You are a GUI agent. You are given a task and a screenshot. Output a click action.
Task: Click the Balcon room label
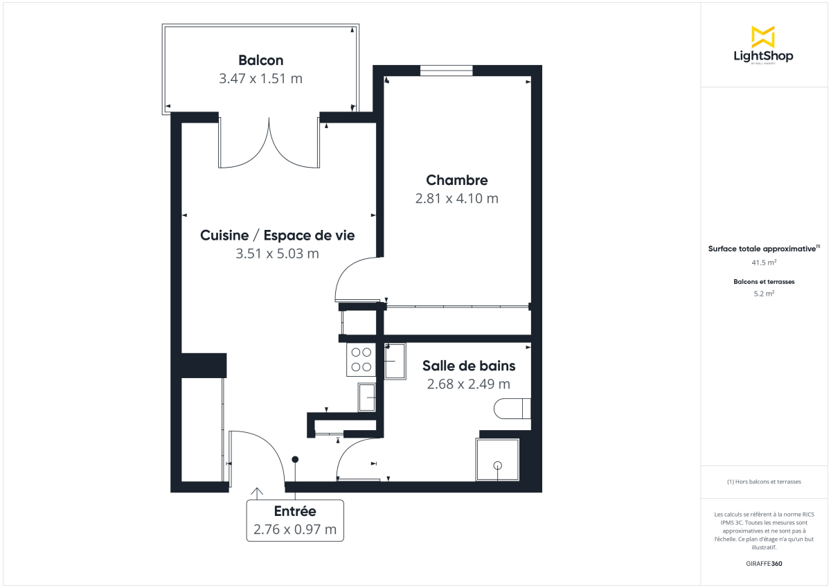tap(260, 60)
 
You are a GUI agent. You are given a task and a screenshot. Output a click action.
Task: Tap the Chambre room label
tap(456, 180)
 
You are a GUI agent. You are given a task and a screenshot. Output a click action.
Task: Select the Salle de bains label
tap(469, 366)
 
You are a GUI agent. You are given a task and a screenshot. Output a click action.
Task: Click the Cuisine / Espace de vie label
tap(277, 235)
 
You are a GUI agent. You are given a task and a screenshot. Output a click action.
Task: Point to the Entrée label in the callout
tap(295, 512)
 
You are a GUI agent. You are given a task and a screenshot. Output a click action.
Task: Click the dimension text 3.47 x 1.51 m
tap(260, 78)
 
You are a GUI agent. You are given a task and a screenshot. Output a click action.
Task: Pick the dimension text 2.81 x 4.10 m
tap(456, 199)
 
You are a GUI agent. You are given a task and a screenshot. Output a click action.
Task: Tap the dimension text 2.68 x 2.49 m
tap(469, 384)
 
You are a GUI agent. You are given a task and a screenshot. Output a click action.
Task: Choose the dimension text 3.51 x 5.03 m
tap(277, 253)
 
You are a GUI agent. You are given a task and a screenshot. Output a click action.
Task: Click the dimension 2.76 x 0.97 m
tap(295, 530)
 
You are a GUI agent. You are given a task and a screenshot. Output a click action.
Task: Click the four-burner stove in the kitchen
tap(361, 359)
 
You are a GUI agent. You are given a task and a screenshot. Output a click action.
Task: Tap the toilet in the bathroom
tap(512, 409)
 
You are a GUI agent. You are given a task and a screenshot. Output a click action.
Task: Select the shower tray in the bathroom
tap(497, 459)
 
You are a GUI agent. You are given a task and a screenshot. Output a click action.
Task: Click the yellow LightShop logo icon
tap(763, 37)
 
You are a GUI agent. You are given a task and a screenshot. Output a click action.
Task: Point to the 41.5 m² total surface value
tap(763, 263)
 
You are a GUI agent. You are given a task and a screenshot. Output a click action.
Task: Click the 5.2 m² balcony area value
tap(763, 294)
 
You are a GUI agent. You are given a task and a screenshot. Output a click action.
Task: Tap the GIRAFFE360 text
tap(763, 564)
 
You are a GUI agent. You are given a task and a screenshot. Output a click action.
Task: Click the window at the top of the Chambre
tap(447, 70)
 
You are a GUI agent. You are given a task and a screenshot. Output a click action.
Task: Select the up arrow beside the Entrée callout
tap(257, 492)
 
